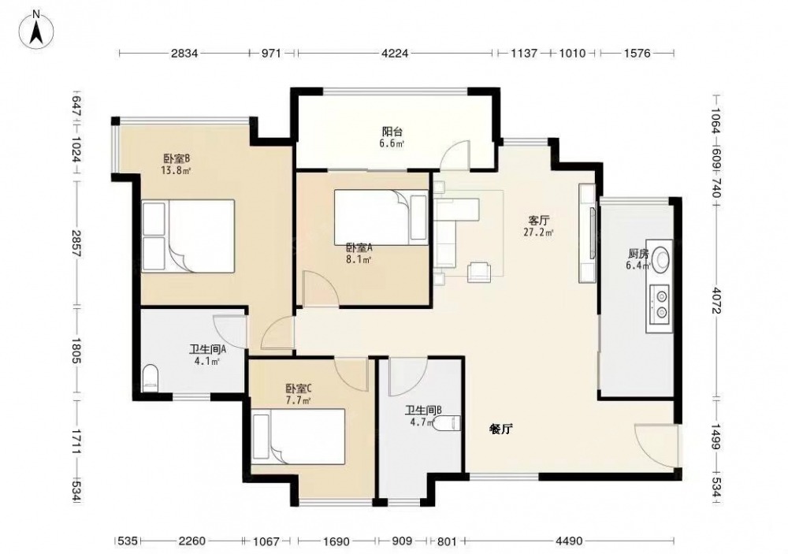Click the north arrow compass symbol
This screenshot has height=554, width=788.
point(36,30)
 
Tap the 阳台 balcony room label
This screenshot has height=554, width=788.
point(392,132)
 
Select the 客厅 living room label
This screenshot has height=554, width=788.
point(538,220)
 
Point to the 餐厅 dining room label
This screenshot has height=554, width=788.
point(501,429)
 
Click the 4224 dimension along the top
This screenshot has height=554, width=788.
point(395,52)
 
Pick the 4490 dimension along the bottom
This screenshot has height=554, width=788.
point(570,541)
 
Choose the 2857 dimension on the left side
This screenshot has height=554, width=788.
point(76,244)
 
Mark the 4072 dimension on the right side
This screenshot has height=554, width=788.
point(716,300)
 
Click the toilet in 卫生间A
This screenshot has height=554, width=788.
point(150,378)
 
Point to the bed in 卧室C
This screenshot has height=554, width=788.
point(299,437)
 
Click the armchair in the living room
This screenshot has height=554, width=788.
point(479,272)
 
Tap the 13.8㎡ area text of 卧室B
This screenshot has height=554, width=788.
point(176,170)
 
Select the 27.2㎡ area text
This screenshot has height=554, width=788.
point(538,232)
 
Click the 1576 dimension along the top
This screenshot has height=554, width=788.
point(637,52)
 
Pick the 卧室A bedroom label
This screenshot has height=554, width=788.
point(359,247)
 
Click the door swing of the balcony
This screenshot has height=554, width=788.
point(453,154)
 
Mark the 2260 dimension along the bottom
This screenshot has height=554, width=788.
point(192,541)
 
